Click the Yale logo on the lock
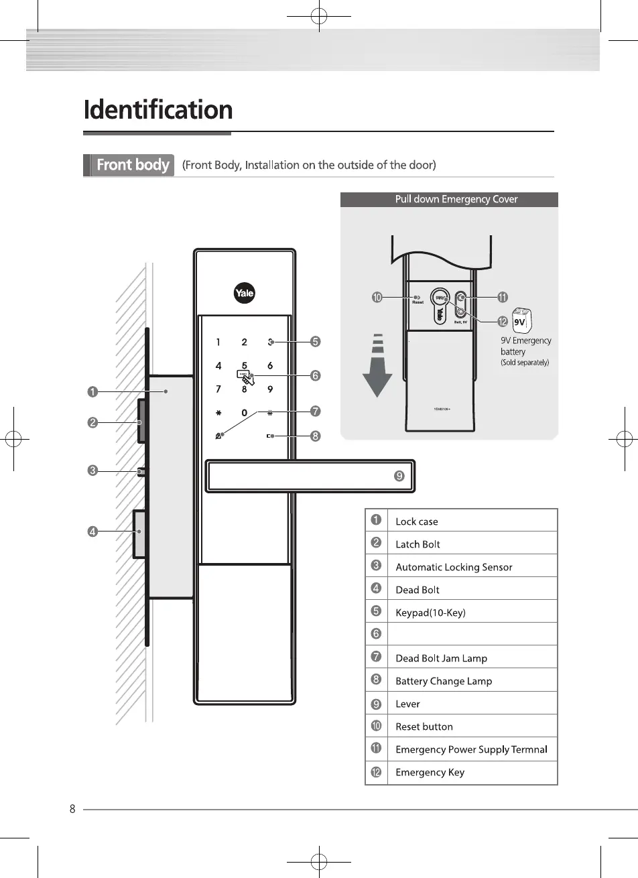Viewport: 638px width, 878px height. [245, 293]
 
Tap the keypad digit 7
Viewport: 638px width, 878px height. [218, 389]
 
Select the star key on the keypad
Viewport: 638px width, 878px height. [218, 413]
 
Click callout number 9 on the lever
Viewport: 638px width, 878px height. [399, 476]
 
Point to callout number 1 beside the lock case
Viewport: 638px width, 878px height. [92, 391]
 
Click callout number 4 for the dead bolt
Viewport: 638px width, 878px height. [92, 531]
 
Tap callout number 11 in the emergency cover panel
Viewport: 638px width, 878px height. [502, 297]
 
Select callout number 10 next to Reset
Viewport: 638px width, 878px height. [377, 297]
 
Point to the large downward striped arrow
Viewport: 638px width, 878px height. [378, 366]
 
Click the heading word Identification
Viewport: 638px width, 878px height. [158, 110]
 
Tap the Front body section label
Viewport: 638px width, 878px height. [132, 165]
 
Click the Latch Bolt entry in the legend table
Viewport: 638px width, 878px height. [418, 544]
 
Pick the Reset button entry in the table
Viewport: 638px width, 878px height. [424, 727]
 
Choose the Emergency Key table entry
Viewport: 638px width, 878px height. [430, 772]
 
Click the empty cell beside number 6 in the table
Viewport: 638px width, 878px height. [472, 634]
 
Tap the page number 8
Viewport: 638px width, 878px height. [72, 808]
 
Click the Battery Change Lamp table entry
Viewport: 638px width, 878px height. [444, 681]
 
